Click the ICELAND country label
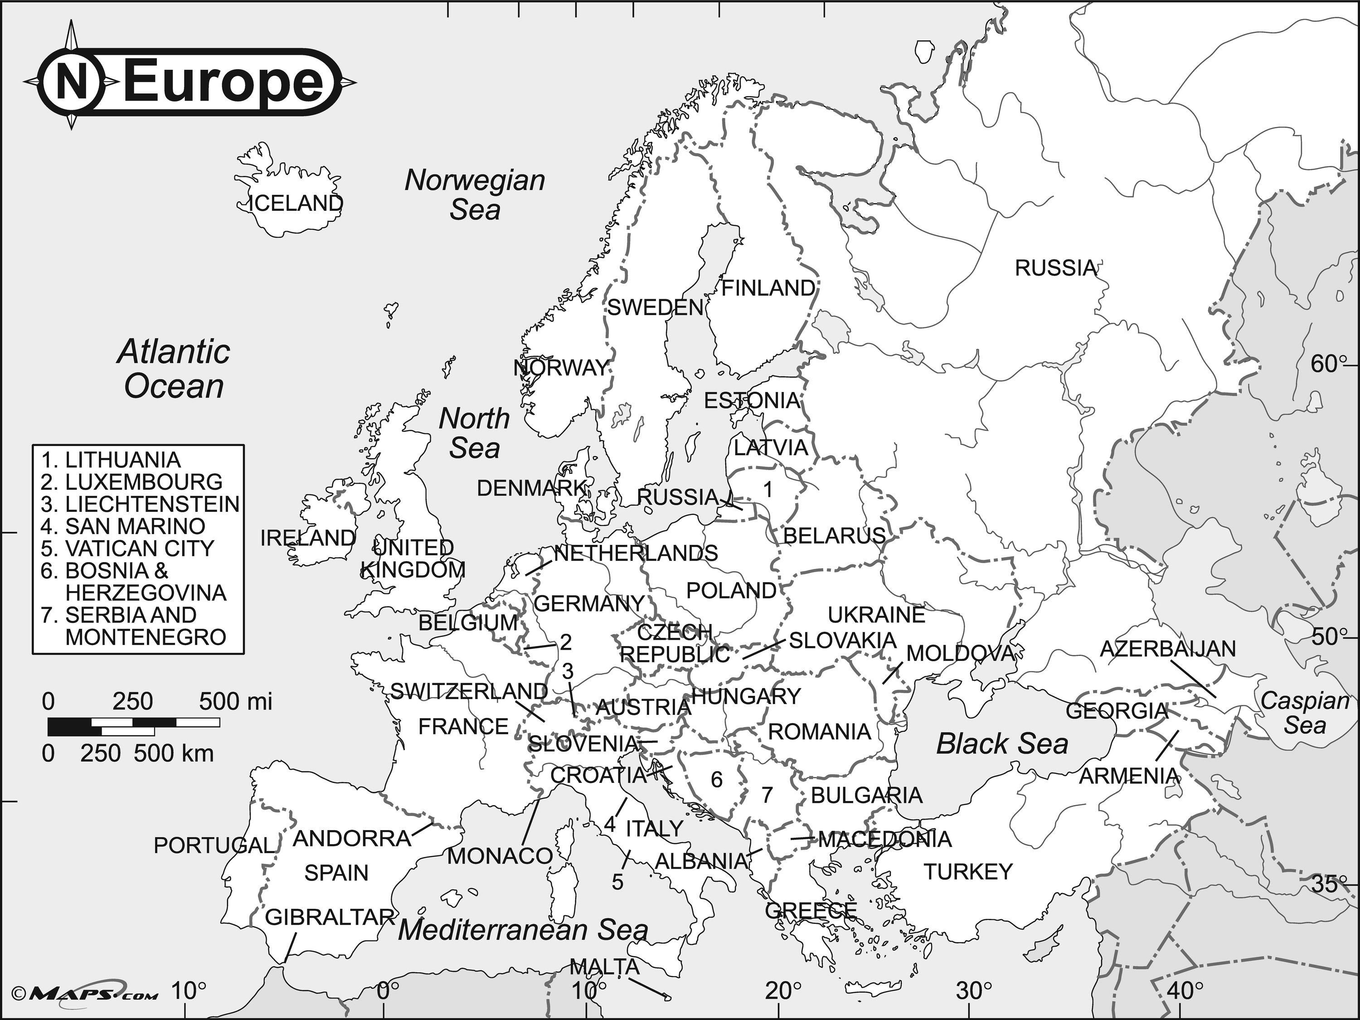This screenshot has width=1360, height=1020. pos(295,203)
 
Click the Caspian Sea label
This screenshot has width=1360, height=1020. pos(1304,713)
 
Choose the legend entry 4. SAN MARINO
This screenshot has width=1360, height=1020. pos(123,526)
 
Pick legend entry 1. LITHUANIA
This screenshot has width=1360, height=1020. pos(111,460)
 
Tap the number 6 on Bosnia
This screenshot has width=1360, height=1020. pos(716,780)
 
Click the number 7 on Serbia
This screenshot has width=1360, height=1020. pos(767,795)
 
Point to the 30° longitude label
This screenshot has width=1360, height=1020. pos(974,991)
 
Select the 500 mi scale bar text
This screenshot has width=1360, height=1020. pos(235,701)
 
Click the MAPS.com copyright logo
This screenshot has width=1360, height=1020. pos(86,994)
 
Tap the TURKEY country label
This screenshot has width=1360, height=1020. pos(968,872)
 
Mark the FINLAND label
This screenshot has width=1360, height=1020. pos(768,288)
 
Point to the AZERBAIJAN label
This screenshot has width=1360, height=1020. pos(1167,649)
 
